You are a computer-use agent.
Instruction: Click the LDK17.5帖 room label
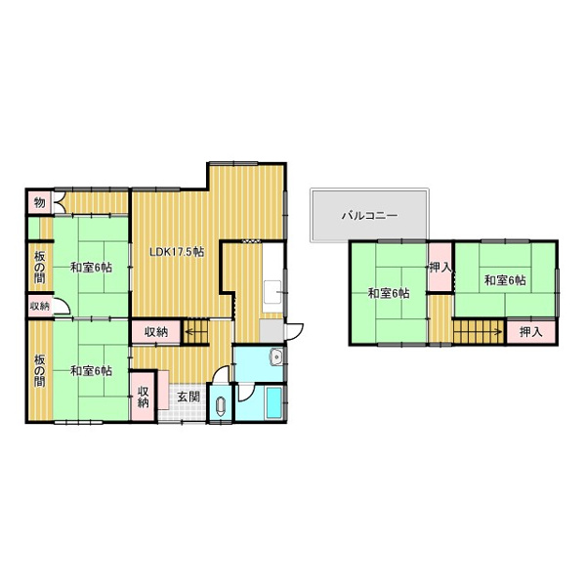tap(177, 252)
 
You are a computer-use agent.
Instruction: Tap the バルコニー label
tap(369, 216)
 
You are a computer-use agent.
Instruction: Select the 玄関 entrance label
tap(188, 397)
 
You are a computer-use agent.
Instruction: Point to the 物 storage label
tap(40, 203)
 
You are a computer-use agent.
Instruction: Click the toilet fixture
tap(221, 406)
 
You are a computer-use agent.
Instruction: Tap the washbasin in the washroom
tap(276, 356)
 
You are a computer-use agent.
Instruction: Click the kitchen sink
tap(272, 292)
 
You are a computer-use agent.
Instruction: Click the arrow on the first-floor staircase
tap(192, 331)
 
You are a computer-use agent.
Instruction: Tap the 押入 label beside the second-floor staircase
tap(530, 331)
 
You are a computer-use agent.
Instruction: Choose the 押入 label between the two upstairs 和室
tap(440, 268)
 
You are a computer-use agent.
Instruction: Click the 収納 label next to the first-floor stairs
tap(156, 331)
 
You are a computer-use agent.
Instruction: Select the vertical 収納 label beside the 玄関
tap(144, 397)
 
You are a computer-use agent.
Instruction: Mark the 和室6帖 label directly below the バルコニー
tap(389, 293)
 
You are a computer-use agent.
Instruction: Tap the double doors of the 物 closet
tap(60, 203)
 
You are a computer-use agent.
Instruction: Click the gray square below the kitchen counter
tap(272, 330)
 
